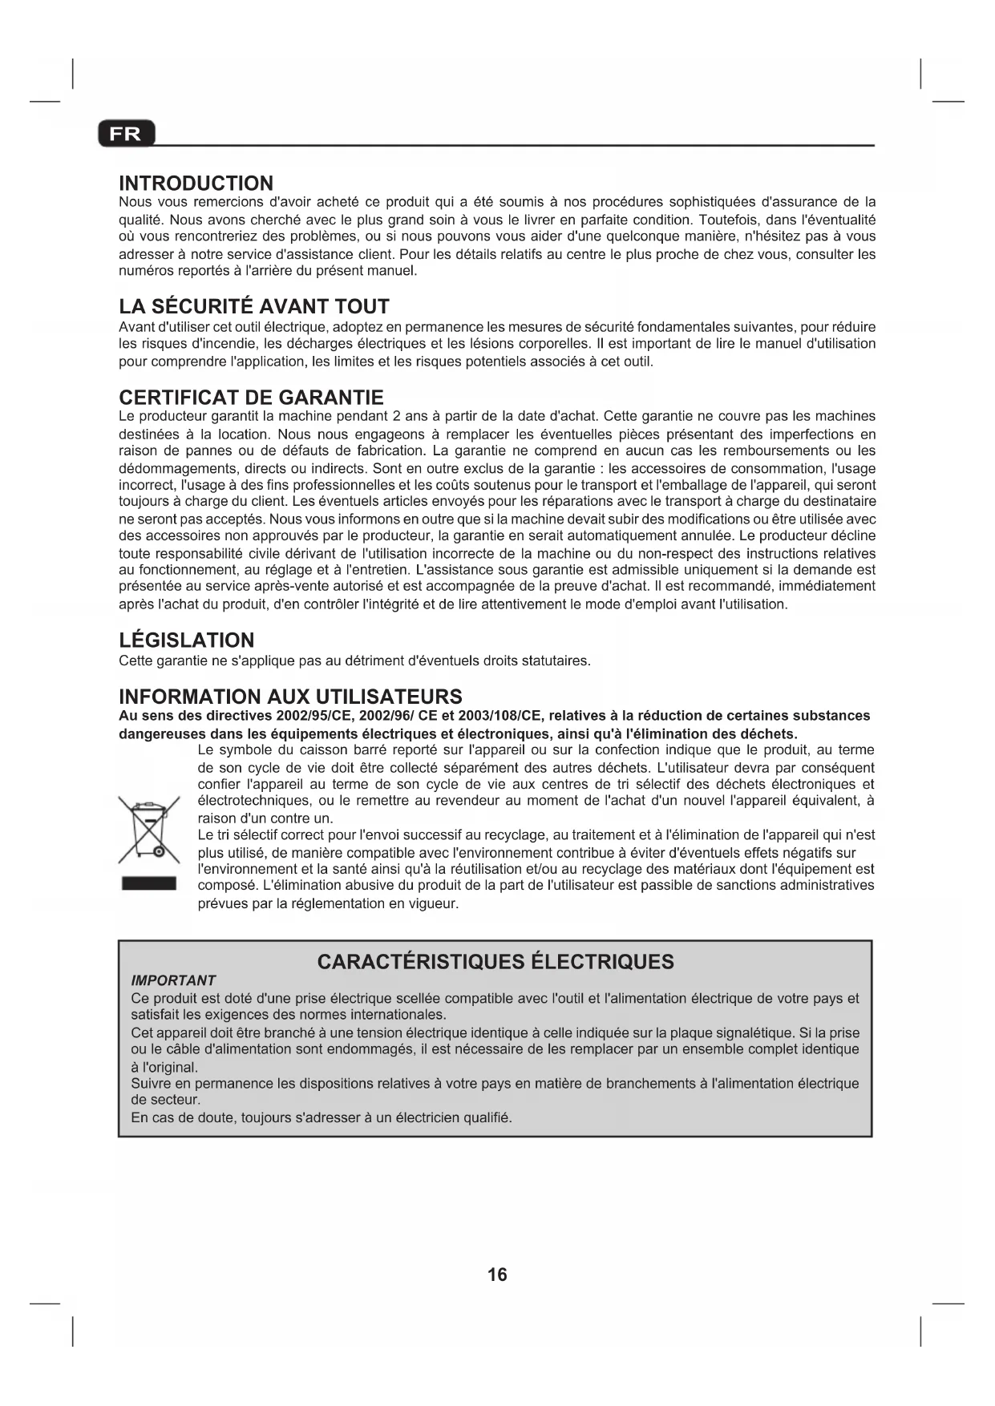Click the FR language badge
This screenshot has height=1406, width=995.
click(x=126, y=134)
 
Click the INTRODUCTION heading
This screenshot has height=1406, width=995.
click(x=196, y=184)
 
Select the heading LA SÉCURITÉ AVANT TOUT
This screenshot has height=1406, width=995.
click(x=253, y=306)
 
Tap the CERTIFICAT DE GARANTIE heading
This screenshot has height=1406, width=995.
click(x=251, y=398)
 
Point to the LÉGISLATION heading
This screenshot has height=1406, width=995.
click(x=186, y=640)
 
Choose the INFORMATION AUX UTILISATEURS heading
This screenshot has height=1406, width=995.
click(x=290, y=697)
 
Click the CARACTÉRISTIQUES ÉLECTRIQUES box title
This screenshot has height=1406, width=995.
click(x=495, y=962)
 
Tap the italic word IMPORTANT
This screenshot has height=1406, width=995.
click(x=173, y=980)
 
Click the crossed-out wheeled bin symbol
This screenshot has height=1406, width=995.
click(x=148, y=830)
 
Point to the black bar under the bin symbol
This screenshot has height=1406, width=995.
click(x=148, y=884)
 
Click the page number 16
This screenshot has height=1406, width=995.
click(x=497, y=1275)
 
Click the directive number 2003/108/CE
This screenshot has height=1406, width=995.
click(x=499, y=715)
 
